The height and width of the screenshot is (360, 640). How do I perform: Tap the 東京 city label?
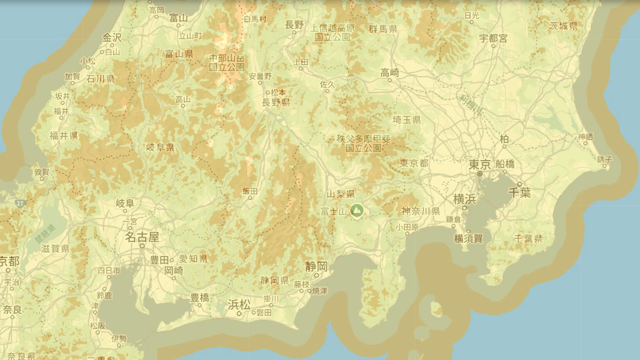point(479,165)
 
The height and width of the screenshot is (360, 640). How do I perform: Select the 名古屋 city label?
point(142,237)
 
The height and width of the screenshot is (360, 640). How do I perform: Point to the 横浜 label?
point(464,199)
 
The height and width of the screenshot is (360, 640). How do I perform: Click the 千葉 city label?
point(519,192)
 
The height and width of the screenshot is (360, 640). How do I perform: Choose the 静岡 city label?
point(316,266)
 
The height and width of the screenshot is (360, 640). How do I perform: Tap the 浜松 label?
point(239,304)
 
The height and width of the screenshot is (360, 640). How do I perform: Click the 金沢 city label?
point(112,37)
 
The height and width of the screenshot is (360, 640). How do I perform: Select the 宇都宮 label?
point(493,38)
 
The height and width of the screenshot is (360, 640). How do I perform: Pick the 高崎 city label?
point(390,73)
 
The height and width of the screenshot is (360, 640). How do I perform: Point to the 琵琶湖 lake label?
point(45,235)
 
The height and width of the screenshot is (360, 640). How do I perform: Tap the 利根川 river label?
point(470,104)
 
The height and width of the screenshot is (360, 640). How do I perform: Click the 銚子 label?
point(604,159)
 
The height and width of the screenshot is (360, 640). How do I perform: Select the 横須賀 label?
point(468,238)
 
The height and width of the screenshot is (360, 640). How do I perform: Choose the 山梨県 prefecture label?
point(341,194)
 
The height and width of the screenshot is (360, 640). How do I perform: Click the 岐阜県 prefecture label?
point(160,148)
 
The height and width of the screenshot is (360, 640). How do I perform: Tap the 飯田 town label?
point(250,191)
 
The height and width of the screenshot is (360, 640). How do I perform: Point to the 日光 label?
point(472,16)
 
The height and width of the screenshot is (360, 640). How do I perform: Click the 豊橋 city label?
point(200,297)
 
